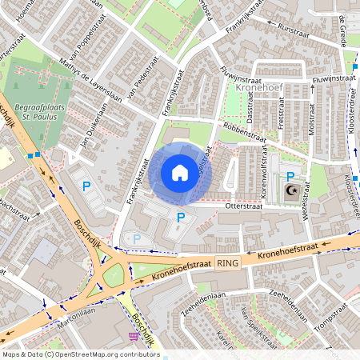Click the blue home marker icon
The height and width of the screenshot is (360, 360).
pyautogui.click(x=180, y=173)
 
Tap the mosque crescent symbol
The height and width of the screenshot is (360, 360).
pyautogui.click(x=291, y=190)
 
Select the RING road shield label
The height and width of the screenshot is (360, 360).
pyautogui.click(x=227, y=262)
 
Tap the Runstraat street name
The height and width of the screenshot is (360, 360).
pyautogui.click(x=293, y=32)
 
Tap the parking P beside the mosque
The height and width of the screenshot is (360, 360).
pyautogui.click(x=290, y=176)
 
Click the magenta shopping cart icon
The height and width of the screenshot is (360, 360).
pyautogui.click(x=133, y=337)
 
